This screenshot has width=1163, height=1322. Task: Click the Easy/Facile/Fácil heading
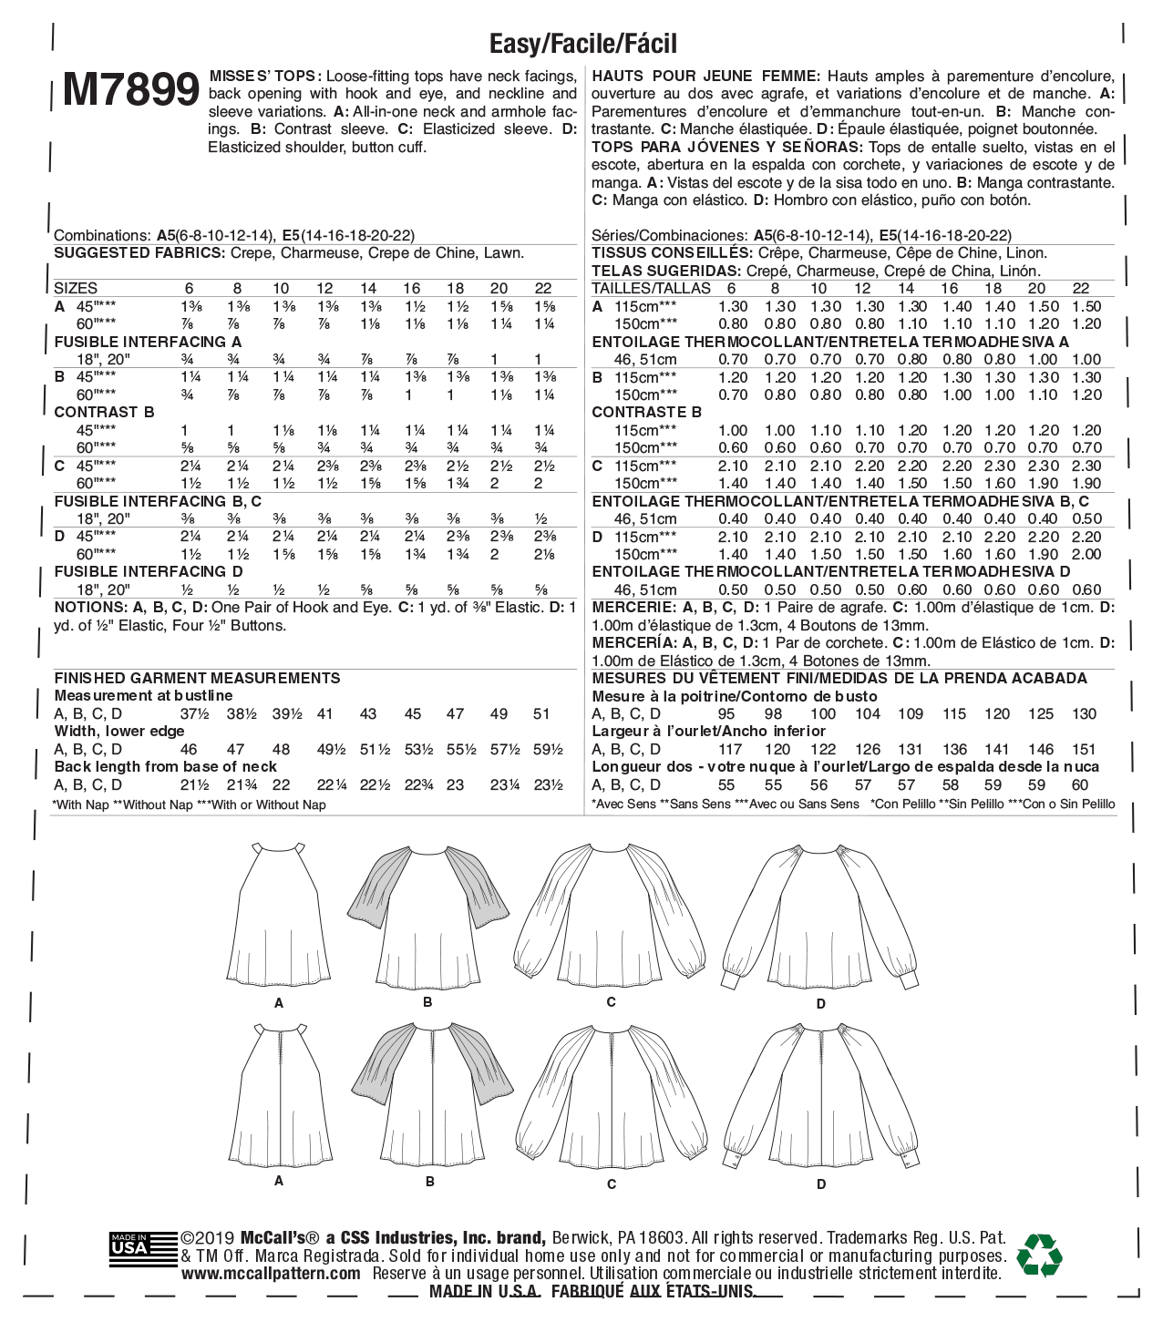point(583,43)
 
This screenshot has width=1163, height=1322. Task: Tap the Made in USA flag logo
point(143,1249)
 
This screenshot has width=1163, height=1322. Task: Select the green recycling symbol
point(1039,1255)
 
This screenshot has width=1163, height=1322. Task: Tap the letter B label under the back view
point(429,1182)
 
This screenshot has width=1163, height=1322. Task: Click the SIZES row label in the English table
point(76,288)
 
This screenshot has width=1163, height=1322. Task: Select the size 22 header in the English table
point(543,288)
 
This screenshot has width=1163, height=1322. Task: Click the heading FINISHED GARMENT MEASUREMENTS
point(197,678)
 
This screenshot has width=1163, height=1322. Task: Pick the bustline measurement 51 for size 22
point(541,714)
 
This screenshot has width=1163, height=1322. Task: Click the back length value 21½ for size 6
point(194,785)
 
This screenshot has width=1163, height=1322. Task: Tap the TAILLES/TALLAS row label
point(651,288)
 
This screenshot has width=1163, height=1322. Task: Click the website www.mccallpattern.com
point(271,1274)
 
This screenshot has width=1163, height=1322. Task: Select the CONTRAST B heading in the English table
point(104,412)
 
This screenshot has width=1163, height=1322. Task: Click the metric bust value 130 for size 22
point(1085,714)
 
